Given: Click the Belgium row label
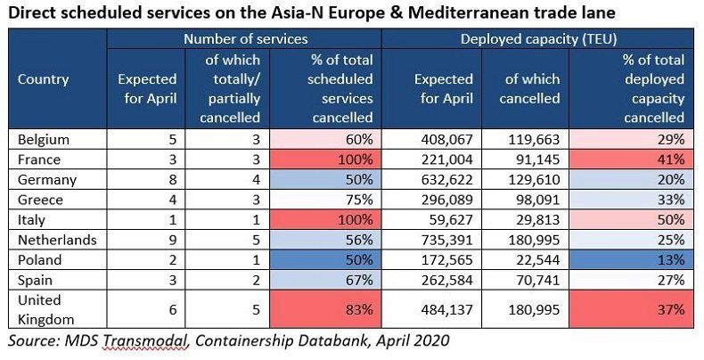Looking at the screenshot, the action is (44, 140).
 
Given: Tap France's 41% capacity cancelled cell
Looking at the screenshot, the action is (631, 160).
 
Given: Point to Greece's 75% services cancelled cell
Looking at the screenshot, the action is (325, 200).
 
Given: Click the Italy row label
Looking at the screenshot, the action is (31, 220).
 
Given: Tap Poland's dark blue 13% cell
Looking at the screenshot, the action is (631, 260).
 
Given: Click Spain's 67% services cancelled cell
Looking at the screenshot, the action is (325, 280).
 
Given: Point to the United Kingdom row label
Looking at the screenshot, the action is (45, 310).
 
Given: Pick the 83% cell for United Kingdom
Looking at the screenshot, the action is (325, 309).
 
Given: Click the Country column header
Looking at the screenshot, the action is (43, 79).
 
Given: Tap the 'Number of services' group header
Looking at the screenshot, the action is (246, 39).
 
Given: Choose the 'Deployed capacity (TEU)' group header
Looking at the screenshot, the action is (538, 39).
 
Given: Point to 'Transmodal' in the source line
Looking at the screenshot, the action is (147, 340).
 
